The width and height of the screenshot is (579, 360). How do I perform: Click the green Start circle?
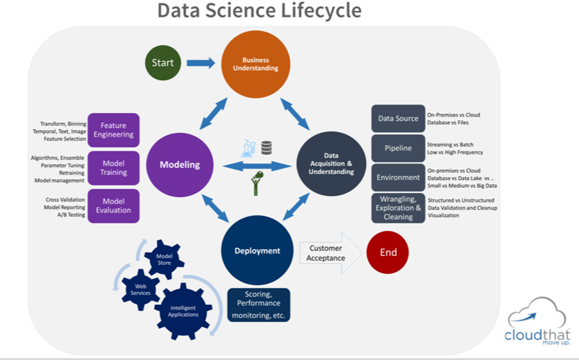point(163,62)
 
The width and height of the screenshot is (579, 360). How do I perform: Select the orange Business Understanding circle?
point(256,64)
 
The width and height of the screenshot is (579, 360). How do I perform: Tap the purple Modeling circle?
point(180,165)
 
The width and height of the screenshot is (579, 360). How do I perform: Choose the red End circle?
point(388,252)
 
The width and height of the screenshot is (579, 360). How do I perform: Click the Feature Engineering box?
point(113,130)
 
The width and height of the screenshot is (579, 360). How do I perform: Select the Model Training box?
point(113,168)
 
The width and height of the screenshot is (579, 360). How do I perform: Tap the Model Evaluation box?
point(113,205)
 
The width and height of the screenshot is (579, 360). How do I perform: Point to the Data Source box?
point(398,119)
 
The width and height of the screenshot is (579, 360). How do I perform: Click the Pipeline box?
point(398,148)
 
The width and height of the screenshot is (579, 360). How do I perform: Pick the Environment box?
point(398,177)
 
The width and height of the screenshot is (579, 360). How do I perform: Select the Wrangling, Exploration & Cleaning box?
point(398,208)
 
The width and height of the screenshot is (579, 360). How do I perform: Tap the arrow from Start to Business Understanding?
point(201,63)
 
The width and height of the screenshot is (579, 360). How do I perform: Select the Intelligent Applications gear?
point(183,311)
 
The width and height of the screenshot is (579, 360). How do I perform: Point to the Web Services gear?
point(140,289)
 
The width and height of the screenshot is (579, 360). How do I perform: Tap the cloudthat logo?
point(536,324)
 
